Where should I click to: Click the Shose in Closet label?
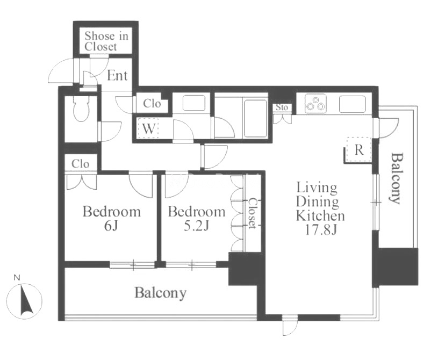[106, 41]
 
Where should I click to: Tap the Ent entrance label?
[117, 76]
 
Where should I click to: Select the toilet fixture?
[81, 109]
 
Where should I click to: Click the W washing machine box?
[149, 128]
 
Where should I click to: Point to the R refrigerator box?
[359, 150]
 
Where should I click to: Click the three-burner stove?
[315, 103]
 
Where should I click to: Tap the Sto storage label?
[282, 107]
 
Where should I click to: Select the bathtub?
[255, 118]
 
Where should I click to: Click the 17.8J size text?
[321, 230]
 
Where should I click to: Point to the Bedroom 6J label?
[112, 219]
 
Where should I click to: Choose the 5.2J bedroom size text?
[197, 226]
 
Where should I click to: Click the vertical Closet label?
[252, 213]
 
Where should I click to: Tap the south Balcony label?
[160, 293]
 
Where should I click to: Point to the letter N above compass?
[17, 278]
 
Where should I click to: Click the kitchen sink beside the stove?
[353, 104]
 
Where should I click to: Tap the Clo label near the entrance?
[152, 104]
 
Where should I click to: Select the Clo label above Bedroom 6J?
[80, 164]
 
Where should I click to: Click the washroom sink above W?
[194, 103]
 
